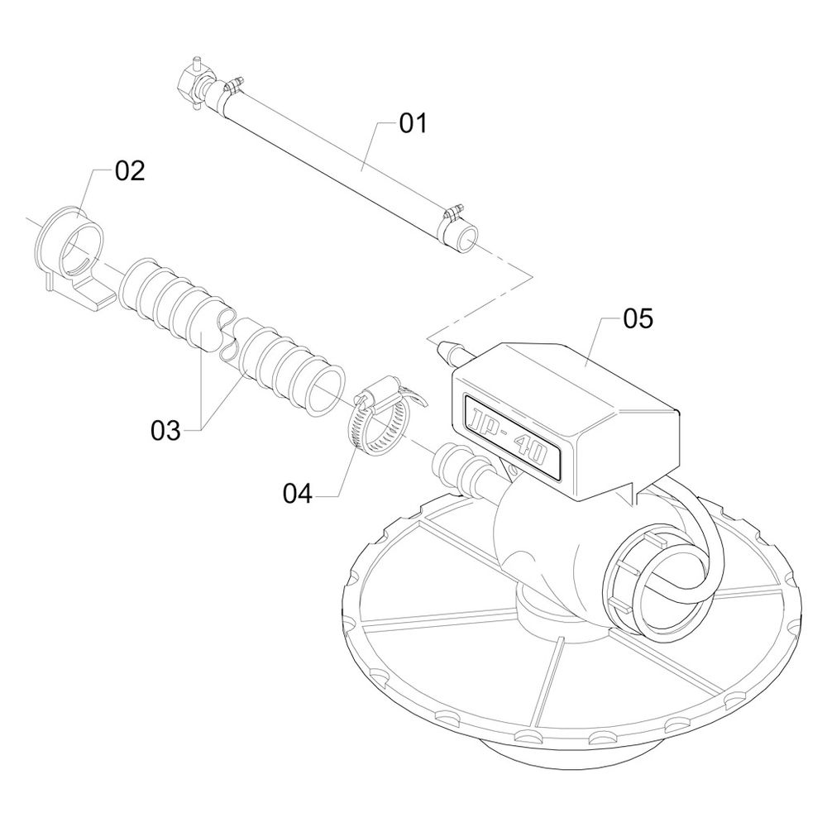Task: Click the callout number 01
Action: click(413, 123)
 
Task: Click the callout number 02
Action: click(130, 171)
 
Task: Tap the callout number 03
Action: click(165, 431)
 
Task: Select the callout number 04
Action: click(298, 495)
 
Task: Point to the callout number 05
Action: click(638, 318)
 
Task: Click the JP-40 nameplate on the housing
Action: click(511, 437)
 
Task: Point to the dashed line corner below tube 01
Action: click(532, 276)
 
